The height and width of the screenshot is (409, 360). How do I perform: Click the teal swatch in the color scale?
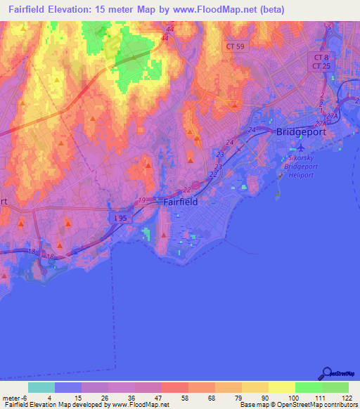tap(41, 387)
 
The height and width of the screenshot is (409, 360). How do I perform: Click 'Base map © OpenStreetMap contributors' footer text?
tap(298, 405)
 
